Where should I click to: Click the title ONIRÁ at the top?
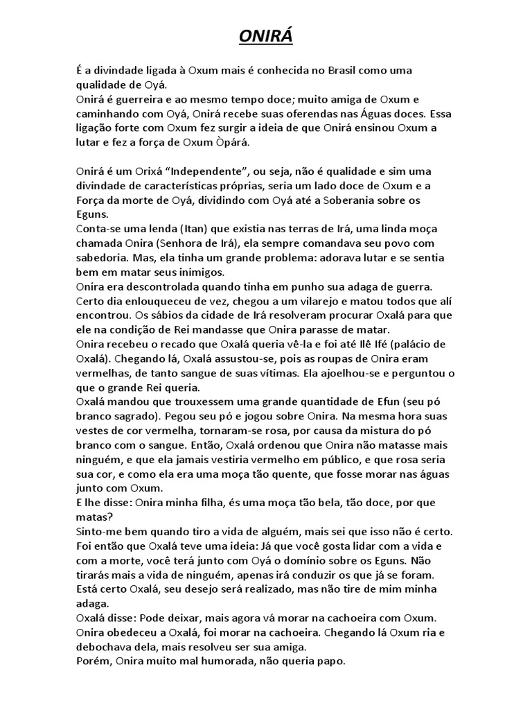pos(266,36)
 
